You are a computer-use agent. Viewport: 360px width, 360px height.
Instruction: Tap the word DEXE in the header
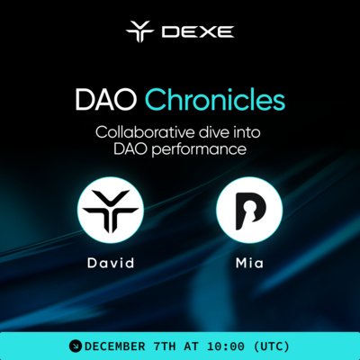tap(198, 32)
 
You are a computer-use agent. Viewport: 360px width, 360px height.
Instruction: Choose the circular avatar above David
tap(111, 211)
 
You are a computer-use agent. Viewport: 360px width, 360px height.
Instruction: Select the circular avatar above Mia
tap(249, 211)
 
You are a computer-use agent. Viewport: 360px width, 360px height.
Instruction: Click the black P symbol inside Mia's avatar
tap(249, 212)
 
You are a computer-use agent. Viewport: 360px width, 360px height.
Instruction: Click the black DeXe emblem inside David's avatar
tap(111, 211)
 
